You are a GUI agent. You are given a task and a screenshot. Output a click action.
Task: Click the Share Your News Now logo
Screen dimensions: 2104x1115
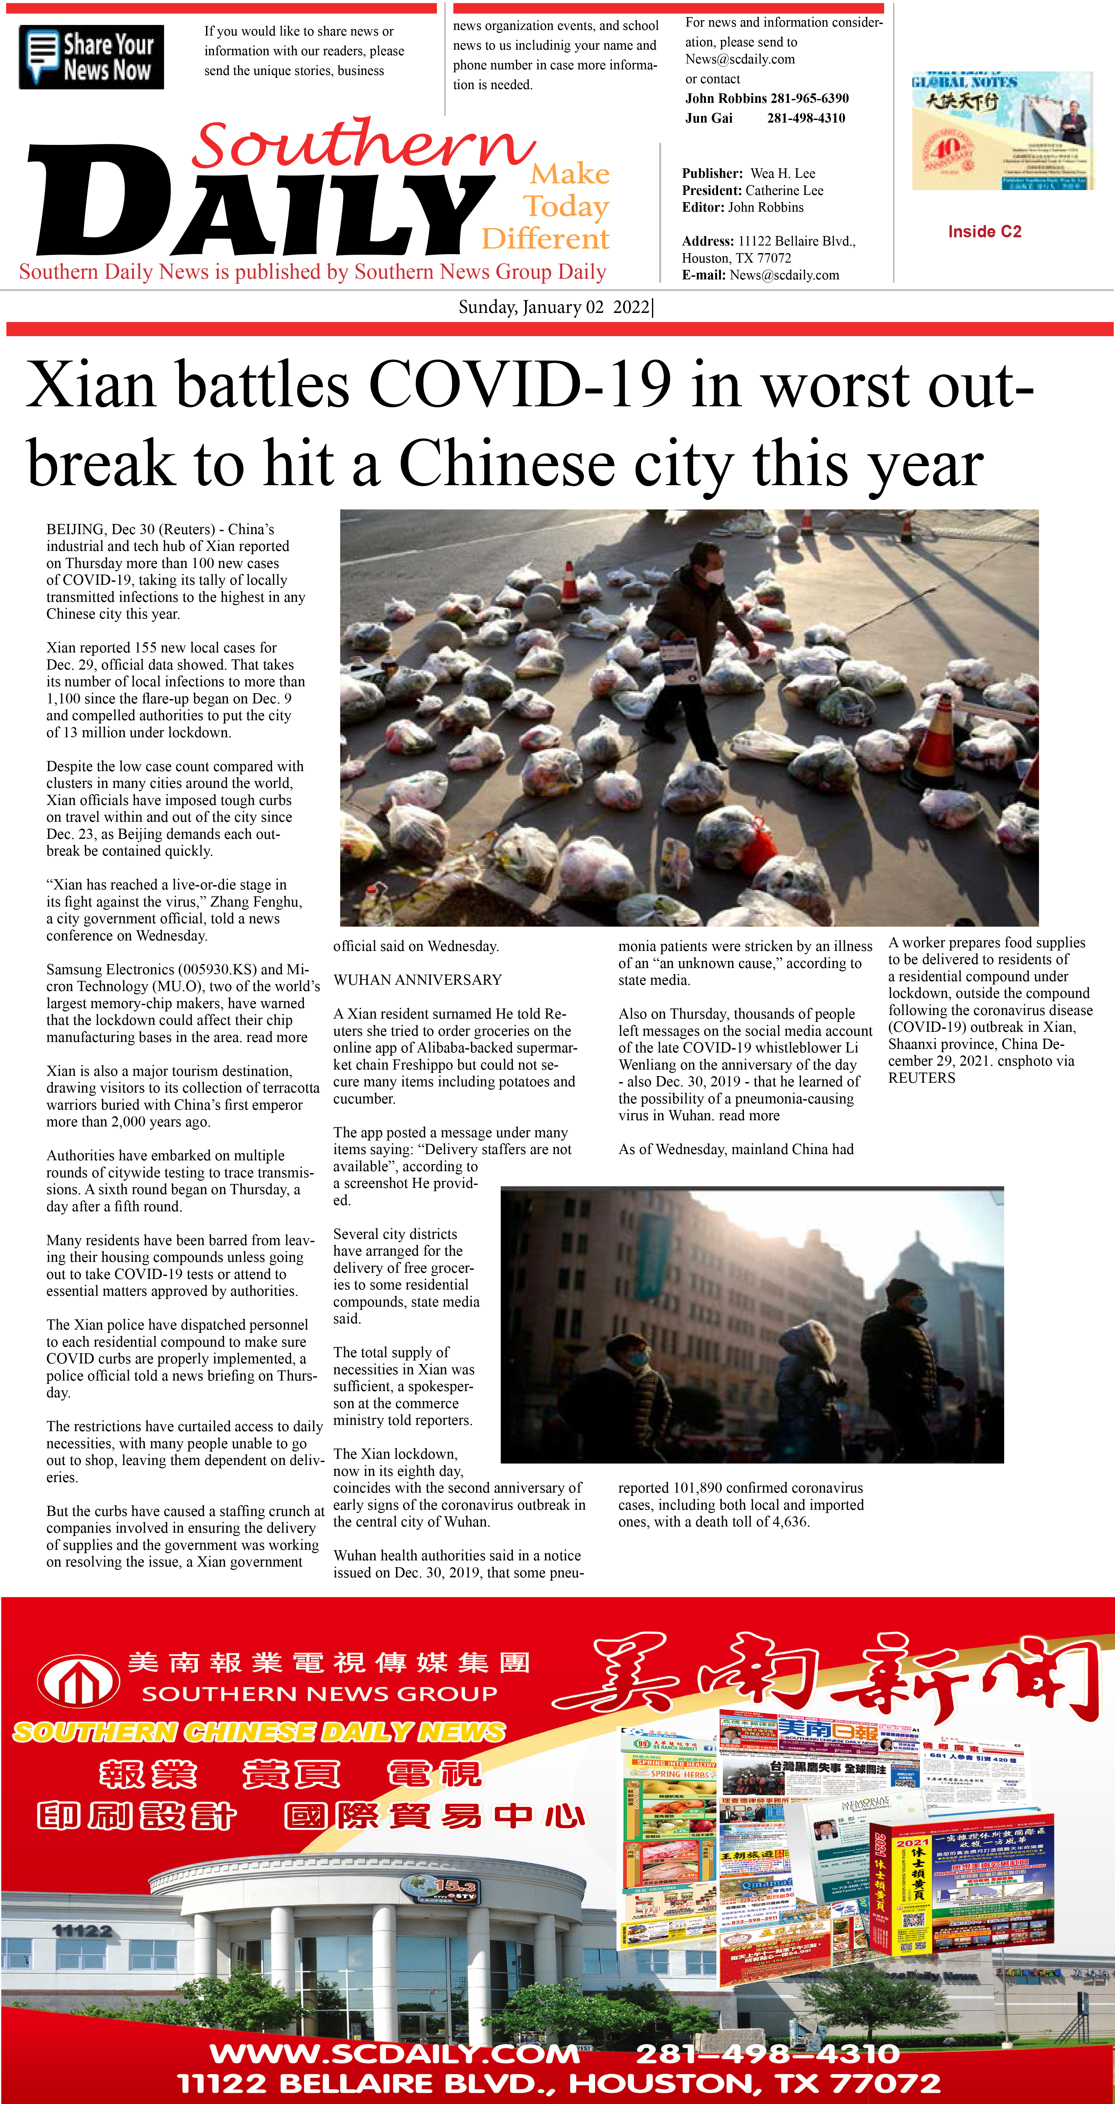pyautogui.click(x=91, y=57)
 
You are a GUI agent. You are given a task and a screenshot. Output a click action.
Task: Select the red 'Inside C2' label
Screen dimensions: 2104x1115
pyautogui.click(x=984, y=232)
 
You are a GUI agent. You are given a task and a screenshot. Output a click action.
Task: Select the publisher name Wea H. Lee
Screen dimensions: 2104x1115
pyautogui.click(x=782, y=173)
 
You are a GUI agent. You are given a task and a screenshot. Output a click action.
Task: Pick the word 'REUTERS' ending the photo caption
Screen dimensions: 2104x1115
pyautogui.click(x=921, y=1078)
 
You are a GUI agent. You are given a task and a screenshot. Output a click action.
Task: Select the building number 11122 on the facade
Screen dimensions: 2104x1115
pyautogui.click(x=82, y=1931)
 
